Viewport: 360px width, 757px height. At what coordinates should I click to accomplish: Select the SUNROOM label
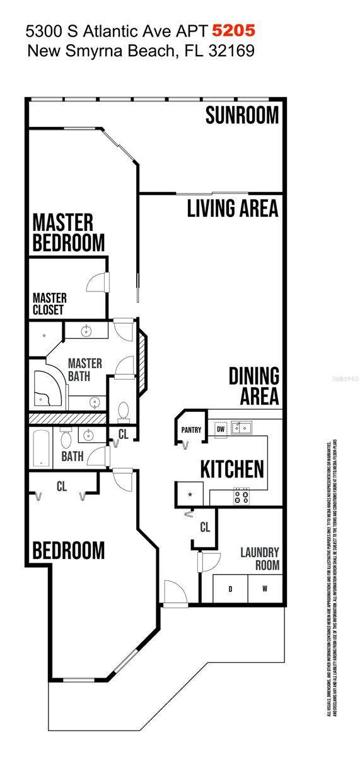[x=242, y=115]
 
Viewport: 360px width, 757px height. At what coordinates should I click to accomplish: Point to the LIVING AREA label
[x=233, y=209]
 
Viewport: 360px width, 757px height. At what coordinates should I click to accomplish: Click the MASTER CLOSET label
[x=49, y=303]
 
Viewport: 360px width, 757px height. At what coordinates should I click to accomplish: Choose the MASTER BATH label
[x=84, y=370]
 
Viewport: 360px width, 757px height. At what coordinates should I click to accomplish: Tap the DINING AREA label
[x=253, y=386]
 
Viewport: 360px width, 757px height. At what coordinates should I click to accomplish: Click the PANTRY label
[x=191, y=430]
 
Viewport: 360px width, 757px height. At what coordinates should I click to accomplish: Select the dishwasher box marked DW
[x=220, y=429]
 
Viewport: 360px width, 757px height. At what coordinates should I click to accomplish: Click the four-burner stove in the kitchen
[x=241, y=496]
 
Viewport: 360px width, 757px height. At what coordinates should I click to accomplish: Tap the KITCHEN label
[x=232, y=469]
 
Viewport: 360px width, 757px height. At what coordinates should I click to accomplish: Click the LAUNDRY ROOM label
[x=259, y=559]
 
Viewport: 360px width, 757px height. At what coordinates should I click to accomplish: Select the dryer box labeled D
[x=230, y=590]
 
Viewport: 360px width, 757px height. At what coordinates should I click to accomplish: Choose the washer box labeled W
[x=264, y=590]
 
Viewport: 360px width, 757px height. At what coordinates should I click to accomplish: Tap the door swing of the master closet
[x=96, y=282]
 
